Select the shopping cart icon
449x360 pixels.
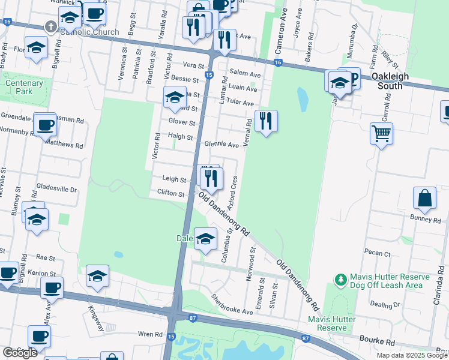click(x=382, y=133)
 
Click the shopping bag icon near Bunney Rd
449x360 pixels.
click(x=424, y=199)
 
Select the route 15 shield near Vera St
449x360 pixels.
click(x=208, y=75)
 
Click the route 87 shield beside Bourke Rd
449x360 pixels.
click(x=306, y=339)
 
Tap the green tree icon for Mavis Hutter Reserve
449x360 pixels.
click(x=341, y=280)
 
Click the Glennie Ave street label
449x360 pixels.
click(x=221, y=145)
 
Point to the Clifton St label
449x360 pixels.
click(x=170, y=193)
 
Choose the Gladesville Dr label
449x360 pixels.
click(x=57, y=189)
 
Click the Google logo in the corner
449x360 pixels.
click(x=20, y=353)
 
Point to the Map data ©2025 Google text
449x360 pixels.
click(x=411, y=355)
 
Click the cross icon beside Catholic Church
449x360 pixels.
click(x=51, y=28)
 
